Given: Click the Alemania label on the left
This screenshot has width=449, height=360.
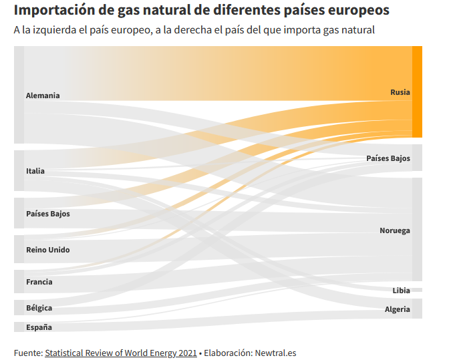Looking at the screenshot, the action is [43, 96].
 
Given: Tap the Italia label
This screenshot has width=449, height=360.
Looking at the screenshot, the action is [35, 171].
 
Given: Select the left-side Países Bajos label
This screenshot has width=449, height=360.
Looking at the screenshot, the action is [48, 214].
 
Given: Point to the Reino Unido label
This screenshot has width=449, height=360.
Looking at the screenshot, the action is [48, 250].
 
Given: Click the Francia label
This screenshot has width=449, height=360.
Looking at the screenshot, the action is [39, 282].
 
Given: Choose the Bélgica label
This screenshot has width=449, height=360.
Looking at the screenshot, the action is [39, 308].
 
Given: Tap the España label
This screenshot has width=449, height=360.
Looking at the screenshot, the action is [39, 327].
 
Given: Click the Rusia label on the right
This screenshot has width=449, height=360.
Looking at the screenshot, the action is [400, 92].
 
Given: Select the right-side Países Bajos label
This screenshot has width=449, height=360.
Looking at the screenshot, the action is [388, 158].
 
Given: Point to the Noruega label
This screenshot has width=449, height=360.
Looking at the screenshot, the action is [395, 230].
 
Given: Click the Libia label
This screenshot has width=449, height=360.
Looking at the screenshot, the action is [401, 291].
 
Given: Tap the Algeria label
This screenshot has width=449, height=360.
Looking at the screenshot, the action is [397, 309].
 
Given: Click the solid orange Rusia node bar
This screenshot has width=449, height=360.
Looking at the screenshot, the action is [417, 92].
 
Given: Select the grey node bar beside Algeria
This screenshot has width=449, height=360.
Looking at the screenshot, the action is [417, 309].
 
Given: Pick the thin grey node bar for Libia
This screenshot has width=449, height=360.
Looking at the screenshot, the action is [417, 290].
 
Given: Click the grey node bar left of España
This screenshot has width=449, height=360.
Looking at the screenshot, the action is [19, 327].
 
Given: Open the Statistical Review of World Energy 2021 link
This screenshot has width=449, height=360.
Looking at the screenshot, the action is [121, 353].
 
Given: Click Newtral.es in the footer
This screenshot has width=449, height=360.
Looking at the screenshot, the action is [275, 353].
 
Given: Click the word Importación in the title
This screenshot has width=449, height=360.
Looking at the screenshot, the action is [53, 10].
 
